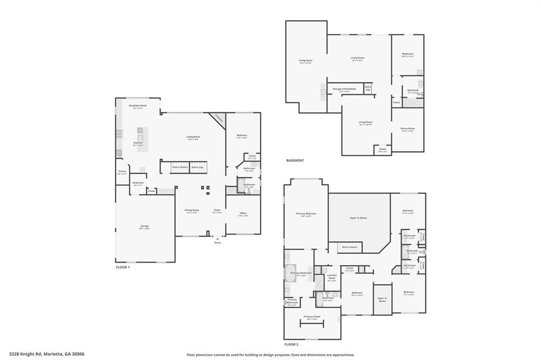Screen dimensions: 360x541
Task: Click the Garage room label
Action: (144, 226)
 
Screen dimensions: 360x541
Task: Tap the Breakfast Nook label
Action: (137, 106)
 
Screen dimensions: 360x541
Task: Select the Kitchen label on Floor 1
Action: (137, 143)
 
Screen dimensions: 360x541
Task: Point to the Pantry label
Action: (122, 171)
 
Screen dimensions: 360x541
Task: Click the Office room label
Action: (243, 213)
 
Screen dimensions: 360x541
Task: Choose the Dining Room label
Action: (191, 210)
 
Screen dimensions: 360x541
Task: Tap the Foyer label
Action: (217, 210)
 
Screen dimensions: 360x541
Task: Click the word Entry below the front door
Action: (217, 243)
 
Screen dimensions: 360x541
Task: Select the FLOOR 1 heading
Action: (123, 267)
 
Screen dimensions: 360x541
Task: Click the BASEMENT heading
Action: (295, 160)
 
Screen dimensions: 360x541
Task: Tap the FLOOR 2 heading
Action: (291, 344)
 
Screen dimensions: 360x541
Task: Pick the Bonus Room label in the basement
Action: (407, 128)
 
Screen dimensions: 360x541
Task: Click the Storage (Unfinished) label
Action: (343, 89)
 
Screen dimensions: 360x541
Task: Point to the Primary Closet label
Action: (312, 316)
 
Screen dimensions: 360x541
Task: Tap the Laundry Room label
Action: (332, 276)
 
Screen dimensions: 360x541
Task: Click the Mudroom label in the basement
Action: (407, 54)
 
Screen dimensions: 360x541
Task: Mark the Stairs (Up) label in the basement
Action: (368, 88)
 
